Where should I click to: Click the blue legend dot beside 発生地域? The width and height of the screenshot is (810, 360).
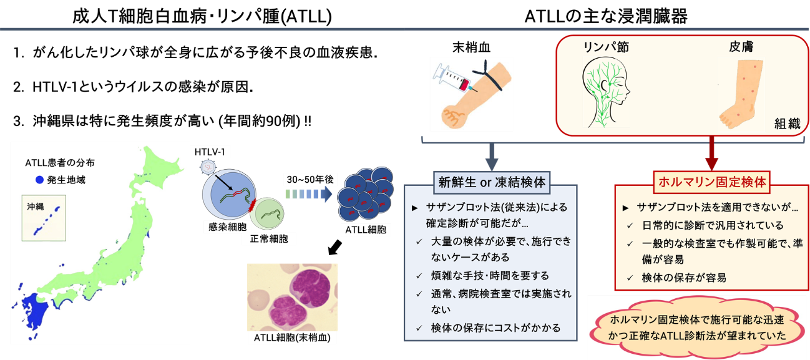pos(39,180)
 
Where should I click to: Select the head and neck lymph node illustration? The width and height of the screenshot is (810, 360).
pos(605,92)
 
